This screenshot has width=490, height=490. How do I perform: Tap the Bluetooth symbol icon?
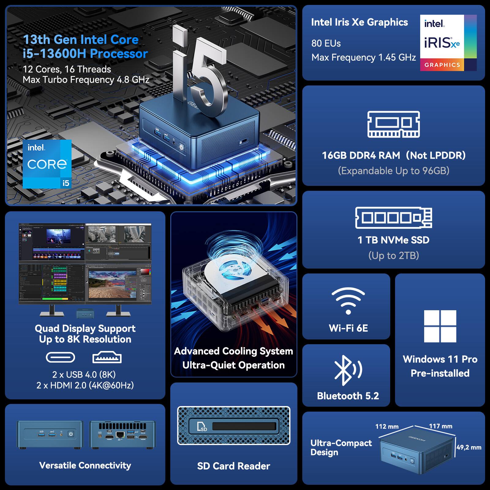[x=348, y=370]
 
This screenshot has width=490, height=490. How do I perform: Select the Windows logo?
[x=440, y=326]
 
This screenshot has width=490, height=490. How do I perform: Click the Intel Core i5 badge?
[x=47, y=164]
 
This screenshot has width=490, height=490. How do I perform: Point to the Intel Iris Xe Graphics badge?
[x=448, y=43]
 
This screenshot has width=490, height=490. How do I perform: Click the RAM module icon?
[x=394, y=124]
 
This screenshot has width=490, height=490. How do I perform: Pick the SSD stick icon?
[x=394, y=218]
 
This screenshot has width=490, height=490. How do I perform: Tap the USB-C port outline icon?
[x=60, y=357]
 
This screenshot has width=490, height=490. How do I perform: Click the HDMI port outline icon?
[x=107, y=357]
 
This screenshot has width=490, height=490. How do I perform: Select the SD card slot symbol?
[x=202, y=427]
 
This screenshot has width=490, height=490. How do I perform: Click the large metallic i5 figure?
[x=199, y=73]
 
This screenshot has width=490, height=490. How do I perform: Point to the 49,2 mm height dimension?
[x=469, y=447]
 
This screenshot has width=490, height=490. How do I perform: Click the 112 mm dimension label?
[x=387, y=426]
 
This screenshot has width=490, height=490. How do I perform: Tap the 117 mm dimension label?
[x=440, y=426]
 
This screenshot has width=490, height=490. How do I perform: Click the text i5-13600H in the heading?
[x=55, y=54]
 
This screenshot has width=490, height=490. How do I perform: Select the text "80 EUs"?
[x=326, y=43]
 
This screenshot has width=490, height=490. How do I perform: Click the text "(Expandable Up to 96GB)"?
[x=394, y=171]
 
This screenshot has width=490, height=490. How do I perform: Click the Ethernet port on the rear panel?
[x=120, y=434]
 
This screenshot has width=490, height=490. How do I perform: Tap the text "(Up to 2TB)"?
[x=394, y=255]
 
